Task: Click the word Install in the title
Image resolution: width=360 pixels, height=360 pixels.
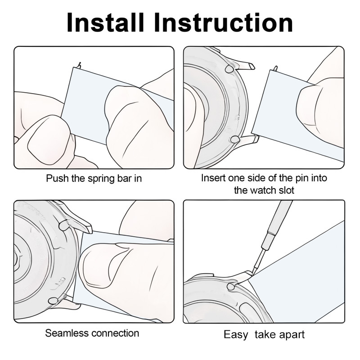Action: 105,22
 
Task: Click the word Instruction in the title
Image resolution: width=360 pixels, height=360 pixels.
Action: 223,22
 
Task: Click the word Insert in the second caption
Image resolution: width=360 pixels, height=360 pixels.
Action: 213,178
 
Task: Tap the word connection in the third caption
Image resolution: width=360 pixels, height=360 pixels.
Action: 112,333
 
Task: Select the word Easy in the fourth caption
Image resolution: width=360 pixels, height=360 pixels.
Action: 236,335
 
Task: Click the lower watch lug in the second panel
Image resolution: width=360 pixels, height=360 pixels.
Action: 247,139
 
